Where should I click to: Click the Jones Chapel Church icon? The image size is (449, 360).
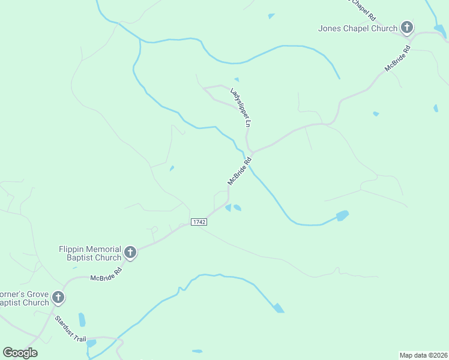pyautogui.click(x=407, y=28)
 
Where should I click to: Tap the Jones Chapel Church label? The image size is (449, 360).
pyautogui.click(x=358, y=28)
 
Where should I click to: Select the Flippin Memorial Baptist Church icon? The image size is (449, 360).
pyautogui.click(x=130, y=253)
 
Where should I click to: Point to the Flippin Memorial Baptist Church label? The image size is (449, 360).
pyautogui.click(x=90, y=253)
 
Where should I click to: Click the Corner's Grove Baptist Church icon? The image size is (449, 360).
pyautogui.click(x=58, y=298)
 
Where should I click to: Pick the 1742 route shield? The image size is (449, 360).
pyautogui.click(x=199, y=222)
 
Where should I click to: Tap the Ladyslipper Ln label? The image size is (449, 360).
pyautogui.click(x=240, y=107)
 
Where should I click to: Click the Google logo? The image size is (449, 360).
pyautogui.click(x=20, y=353)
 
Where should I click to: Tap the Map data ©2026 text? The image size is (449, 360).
pyautogui.click(x=423, y=355)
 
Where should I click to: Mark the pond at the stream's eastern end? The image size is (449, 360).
pyautogui.click(x=342, y=215)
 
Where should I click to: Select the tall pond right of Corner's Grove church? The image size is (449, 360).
pyautogui.click(x=82, y=320)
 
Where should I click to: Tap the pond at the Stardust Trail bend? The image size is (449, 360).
pyautogui.click(x=91, y=344)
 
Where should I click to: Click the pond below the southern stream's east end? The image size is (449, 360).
pyautogui.click(x=279, y=308)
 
